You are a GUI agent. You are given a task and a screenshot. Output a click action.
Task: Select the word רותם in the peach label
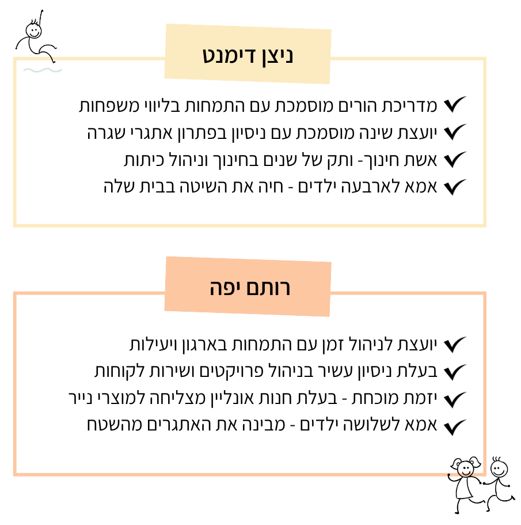coord(271,288)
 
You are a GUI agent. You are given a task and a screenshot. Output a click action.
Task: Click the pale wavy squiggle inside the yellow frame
coord(43,70)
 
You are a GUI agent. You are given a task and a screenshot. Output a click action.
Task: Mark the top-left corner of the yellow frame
coord(15,59)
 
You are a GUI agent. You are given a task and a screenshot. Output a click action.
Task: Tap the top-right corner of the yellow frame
coord(485,59)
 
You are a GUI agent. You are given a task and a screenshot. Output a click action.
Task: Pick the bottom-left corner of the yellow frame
coord(15,225)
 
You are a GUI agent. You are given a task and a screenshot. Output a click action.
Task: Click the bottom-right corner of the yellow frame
coord(485,225)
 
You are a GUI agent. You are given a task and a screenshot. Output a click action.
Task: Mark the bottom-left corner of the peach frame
coord(15,474)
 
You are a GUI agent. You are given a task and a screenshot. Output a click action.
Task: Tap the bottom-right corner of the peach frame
coord(485,474)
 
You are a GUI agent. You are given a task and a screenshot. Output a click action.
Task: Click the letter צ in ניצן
coord(275,56)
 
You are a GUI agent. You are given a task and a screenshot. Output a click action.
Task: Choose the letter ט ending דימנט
coord(210,56)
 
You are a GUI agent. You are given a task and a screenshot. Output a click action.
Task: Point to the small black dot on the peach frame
coord(448,475)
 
